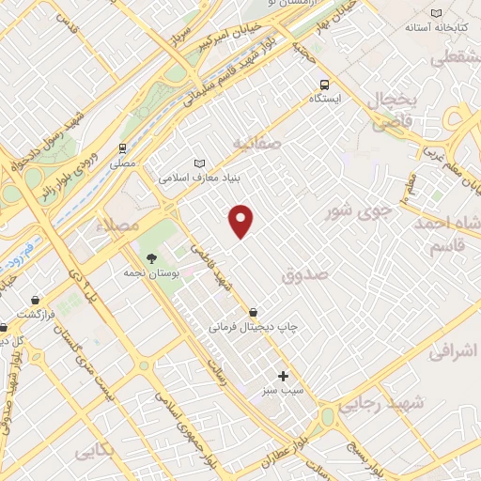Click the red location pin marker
tap(241, 221)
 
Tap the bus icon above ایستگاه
tap(324, 83)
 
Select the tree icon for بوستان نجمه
tap(150, 258)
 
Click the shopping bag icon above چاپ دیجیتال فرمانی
tap(254, 313)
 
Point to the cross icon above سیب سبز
tap(283, 376)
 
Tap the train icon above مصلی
tap(122, 147)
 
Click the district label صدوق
tap(305, 274)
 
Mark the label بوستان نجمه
tap(145, 273)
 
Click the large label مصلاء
tap(123, 226)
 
